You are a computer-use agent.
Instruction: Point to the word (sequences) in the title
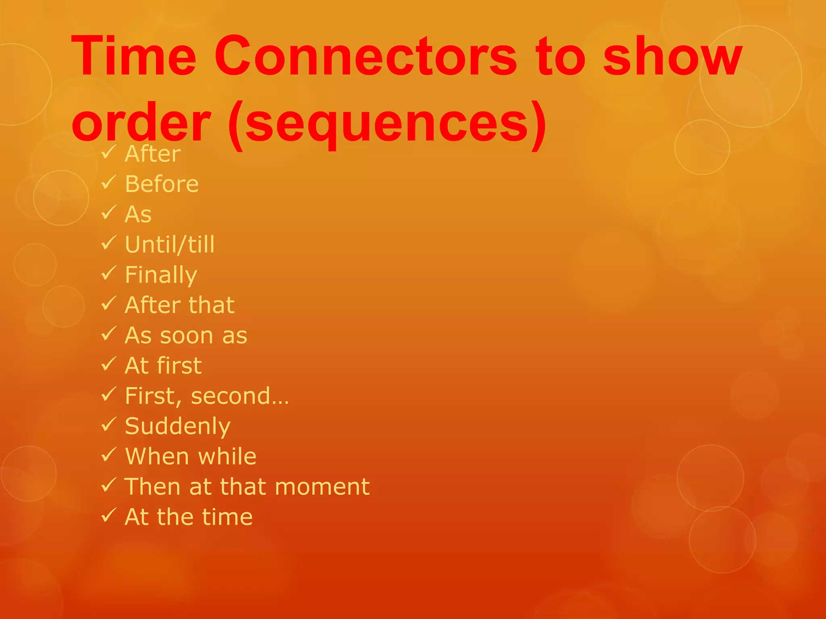click(387, 123)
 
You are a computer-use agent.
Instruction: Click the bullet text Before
click(162, 184)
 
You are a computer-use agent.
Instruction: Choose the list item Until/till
click(170, 245)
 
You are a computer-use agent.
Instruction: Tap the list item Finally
click(161, 275)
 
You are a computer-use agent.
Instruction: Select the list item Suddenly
click(177, 426)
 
